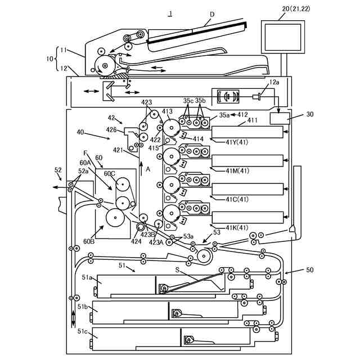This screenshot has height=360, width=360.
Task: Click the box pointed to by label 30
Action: pos(280,118)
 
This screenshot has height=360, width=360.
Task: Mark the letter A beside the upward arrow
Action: pos(148,169)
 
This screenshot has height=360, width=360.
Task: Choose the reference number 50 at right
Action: pos(309,271)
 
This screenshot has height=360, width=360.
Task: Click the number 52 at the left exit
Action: pos(58,169)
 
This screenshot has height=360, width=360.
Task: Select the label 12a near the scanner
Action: pos(273,83)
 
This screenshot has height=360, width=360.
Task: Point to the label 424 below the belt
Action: pos(136,241)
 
